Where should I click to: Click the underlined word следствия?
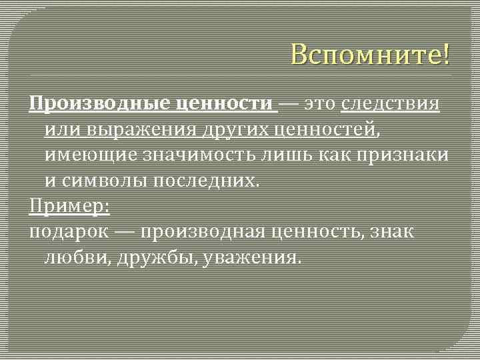[x=390, y=104]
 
